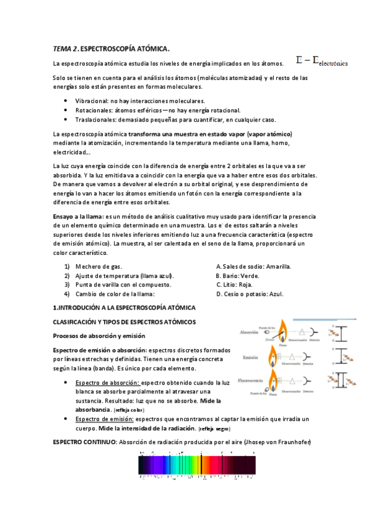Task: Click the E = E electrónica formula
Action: tap(321, 61)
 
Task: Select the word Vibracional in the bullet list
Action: tap(91, 100)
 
